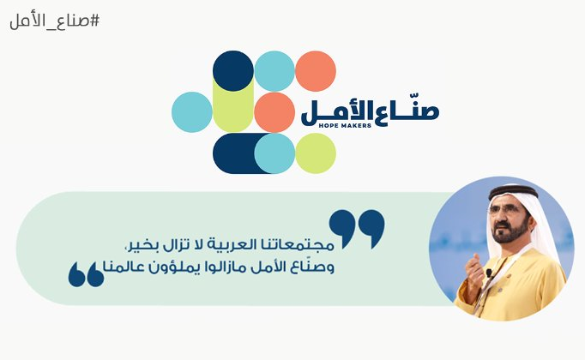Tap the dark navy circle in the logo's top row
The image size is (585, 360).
(x=232, y=71)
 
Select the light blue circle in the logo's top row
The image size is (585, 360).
(x=274, y=71)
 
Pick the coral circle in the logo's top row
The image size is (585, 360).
(x=316, y=71)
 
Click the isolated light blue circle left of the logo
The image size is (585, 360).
(x=191, y=112)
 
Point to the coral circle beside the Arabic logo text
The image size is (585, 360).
(x=274, y=112)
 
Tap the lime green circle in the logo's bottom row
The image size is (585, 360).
(x=316, y=153)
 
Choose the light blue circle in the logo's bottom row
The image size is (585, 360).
(x=274, y=153)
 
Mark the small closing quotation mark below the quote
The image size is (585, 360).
(x=86, y=273)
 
